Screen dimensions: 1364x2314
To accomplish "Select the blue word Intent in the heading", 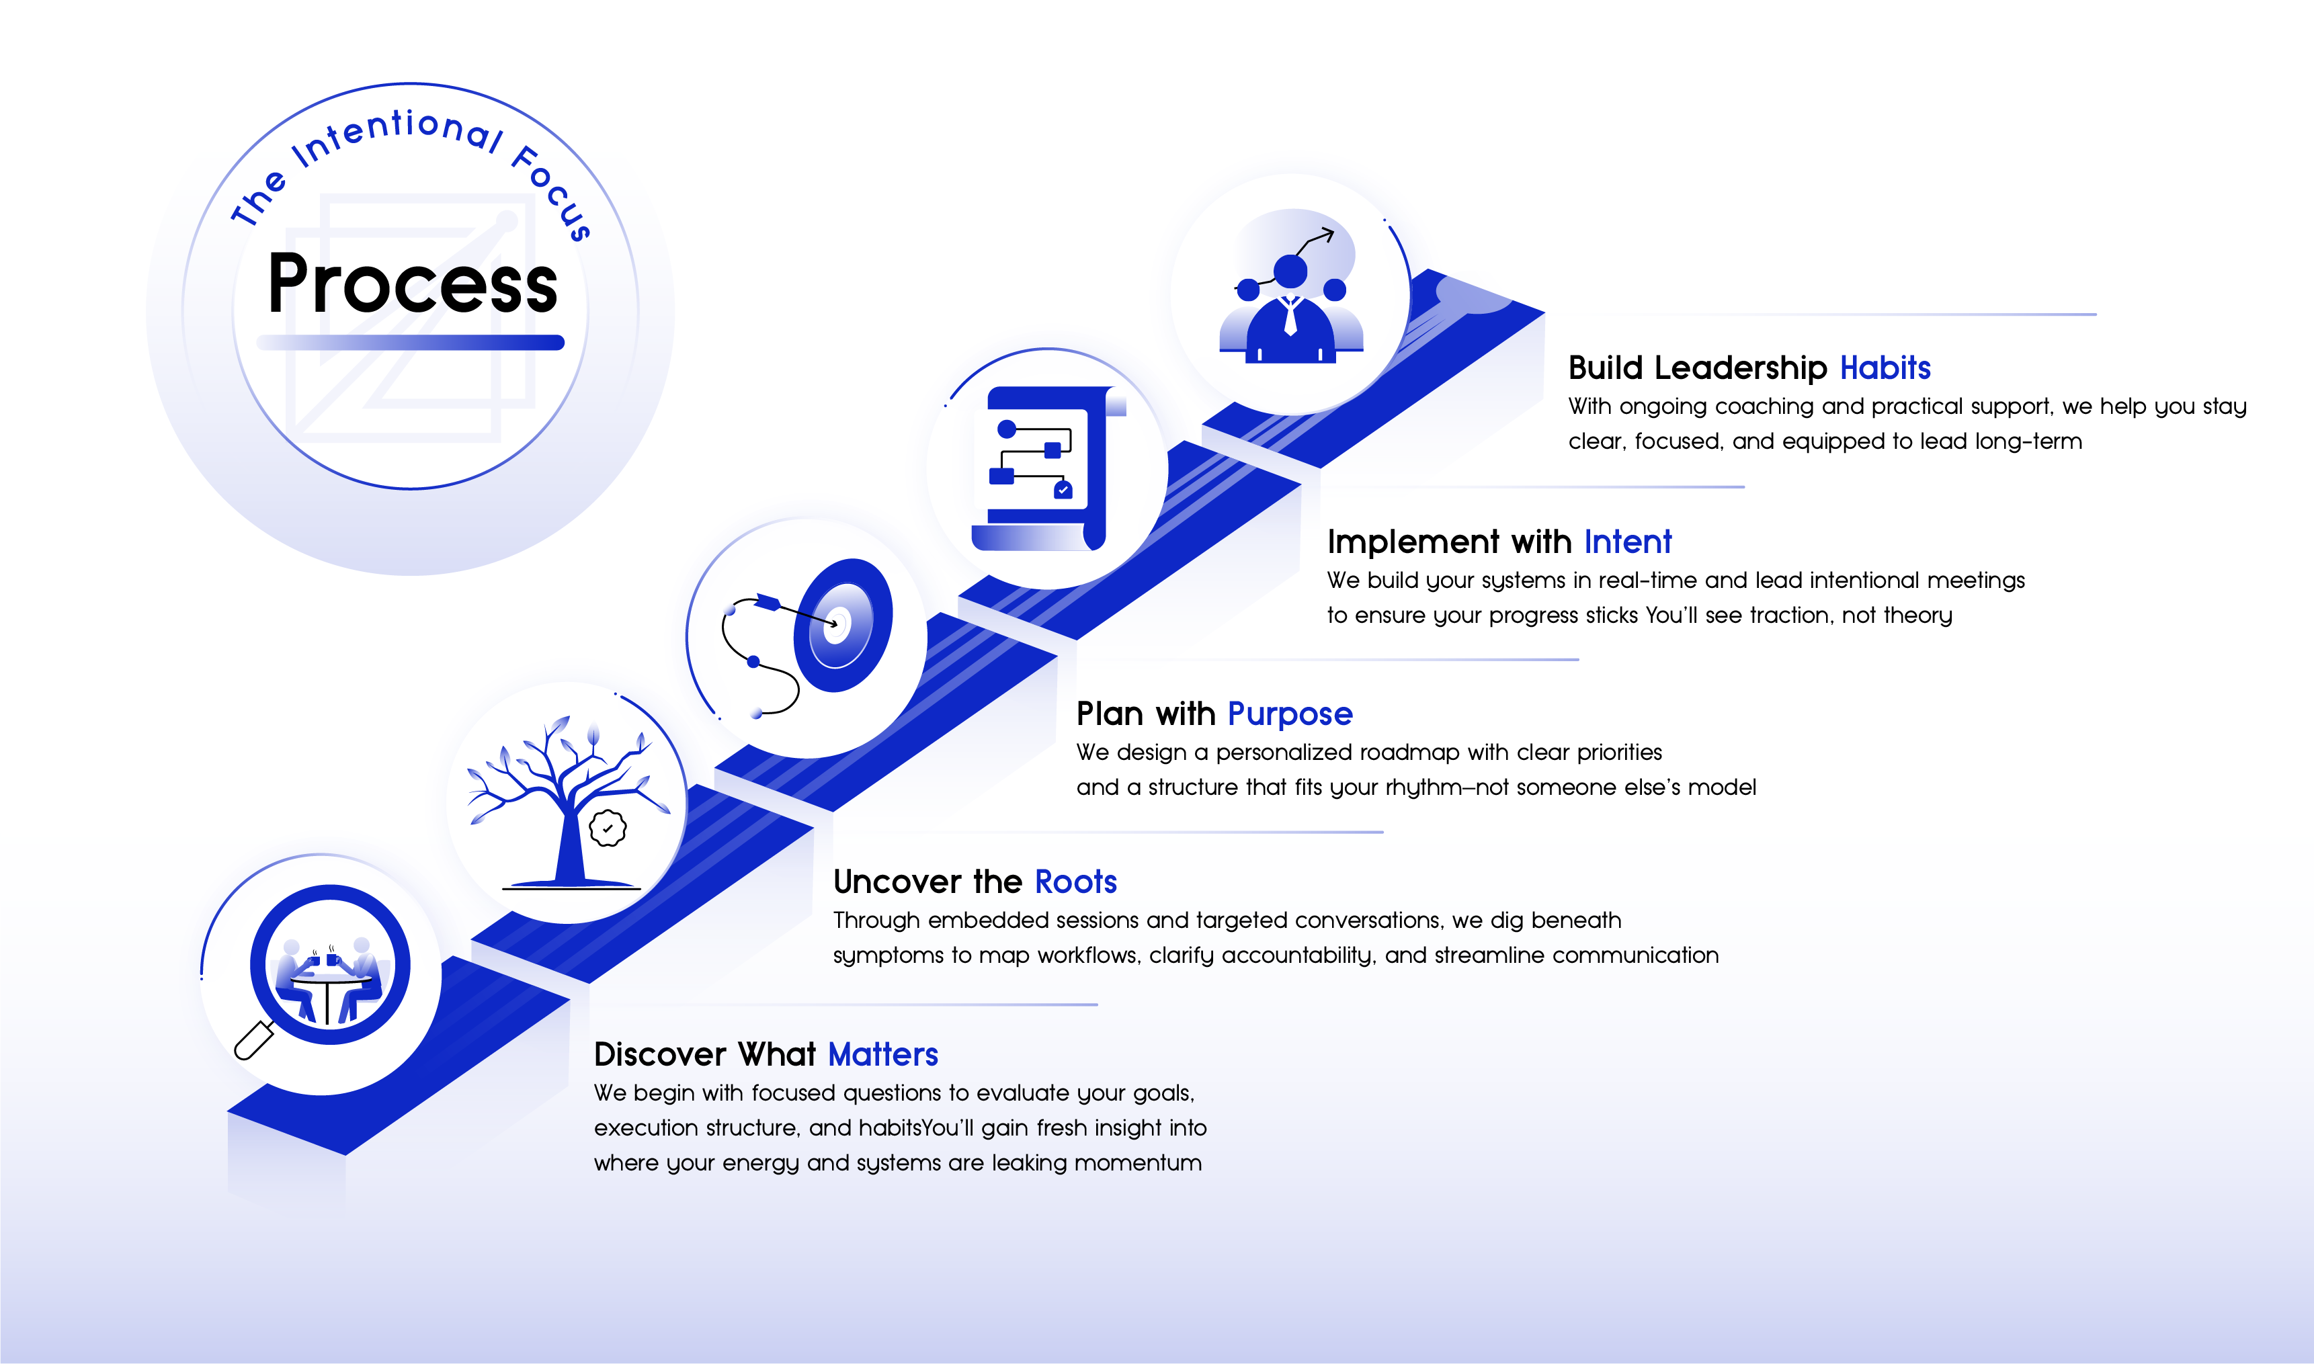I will click(x=1627, y=542).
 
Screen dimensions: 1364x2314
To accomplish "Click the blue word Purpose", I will click(x=1290, y=714).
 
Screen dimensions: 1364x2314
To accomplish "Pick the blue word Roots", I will click(x=1075, y=882).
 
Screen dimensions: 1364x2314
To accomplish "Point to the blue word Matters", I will click(x=882, y=1054).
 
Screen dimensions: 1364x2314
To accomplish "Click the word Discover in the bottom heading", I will click(x=660, y=1054).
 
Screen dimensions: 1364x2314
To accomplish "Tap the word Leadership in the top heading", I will click(x=1740, y=368).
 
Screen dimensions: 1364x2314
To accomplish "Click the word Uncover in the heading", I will click(x=897, y=882).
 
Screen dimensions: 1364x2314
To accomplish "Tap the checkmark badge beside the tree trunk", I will click(x=608, y=828).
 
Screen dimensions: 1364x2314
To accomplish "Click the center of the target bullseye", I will click(x=837, y=622).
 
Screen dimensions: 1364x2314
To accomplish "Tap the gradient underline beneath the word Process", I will click(x=411, y=343).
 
